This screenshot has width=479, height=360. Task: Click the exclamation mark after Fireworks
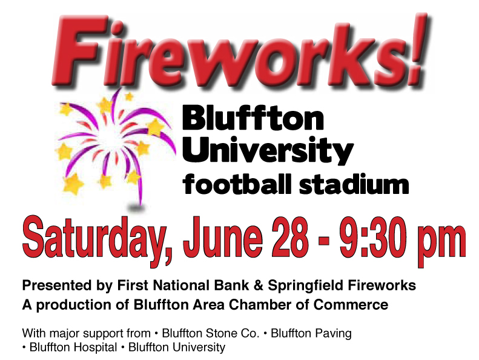tap(418, 49)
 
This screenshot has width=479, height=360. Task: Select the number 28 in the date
tap(289, 238)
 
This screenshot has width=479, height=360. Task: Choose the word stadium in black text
tap(354, 184)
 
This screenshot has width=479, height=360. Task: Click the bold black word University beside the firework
tap(268, 151)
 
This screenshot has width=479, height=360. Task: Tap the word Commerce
tap(351, 305)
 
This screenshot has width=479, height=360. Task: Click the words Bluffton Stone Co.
tap(211, 333)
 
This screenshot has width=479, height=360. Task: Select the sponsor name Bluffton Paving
tap(311, 334)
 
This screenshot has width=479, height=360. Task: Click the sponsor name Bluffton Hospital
tap(73, 348)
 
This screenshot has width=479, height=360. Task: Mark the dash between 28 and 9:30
tap(324, 239)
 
